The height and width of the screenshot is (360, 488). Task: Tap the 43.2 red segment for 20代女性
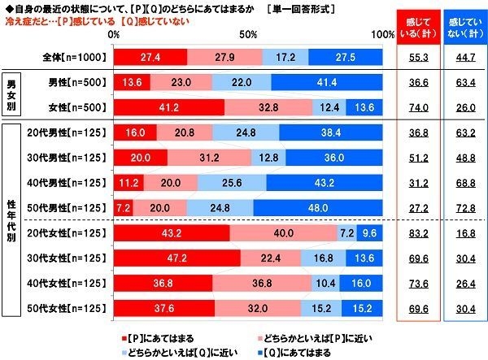point(172,235)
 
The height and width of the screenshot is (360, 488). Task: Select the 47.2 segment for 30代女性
point(177,259)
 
